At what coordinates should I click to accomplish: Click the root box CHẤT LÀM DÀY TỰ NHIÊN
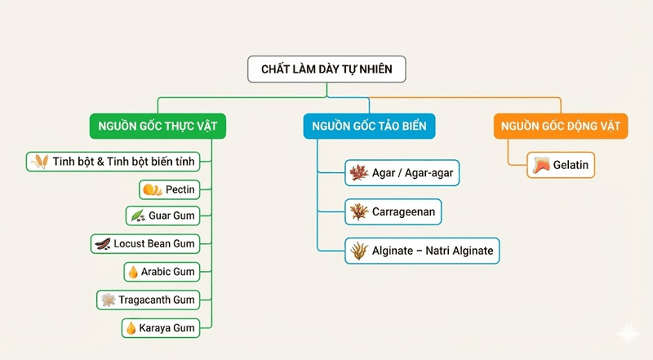(326, 69)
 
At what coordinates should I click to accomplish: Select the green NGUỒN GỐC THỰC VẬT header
(157, 126)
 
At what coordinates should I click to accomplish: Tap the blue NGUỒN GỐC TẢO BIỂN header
(370, 126)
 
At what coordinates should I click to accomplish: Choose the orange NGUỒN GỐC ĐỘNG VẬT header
(560, 126)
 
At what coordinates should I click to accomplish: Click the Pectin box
(169, 189)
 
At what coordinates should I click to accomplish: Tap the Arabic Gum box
(161, 271)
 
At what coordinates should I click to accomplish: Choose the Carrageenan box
(393, 212)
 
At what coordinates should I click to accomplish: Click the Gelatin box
(561, 165)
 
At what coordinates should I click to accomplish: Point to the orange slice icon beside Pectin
(152, 190)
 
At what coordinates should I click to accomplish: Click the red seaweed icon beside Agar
(358, 173)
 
